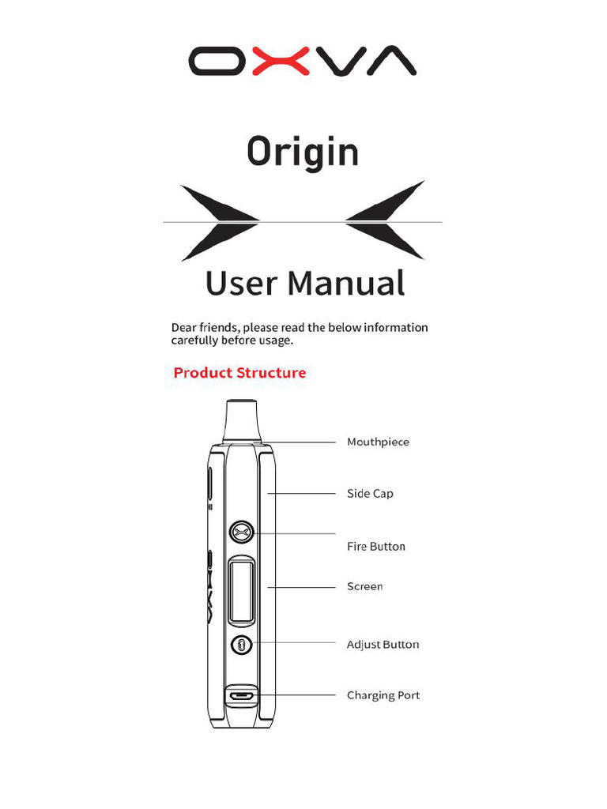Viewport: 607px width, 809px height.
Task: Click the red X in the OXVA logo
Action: pos(281,61)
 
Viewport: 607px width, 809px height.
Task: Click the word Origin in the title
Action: pos(303,152)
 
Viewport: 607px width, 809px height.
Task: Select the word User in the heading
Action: pos(242,283)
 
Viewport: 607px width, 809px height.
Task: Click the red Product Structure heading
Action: pos(239,373)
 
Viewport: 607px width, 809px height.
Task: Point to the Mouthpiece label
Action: pos(378,442)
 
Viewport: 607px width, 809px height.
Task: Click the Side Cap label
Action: pos(370,494)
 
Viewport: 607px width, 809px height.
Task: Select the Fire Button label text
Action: pos(375,547)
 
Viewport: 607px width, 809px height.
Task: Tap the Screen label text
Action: pos(364,586)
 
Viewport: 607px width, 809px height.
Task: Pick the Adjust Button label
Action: pos(383,645)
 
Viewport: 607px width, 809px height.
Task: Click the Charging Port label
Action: pos(383,695)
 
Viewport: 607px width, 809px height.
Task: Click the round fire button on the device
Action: pos(243,532)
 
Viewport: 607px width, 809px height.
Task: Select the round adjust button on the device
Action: pos(242,645)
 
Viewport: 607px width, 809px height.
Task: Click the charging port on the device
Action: pos(242,696)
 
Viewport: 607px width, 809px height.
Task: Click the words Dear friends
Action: pos(205,328)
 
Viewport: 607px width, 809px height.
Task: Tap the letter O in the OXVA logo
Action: pos(217,61)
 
